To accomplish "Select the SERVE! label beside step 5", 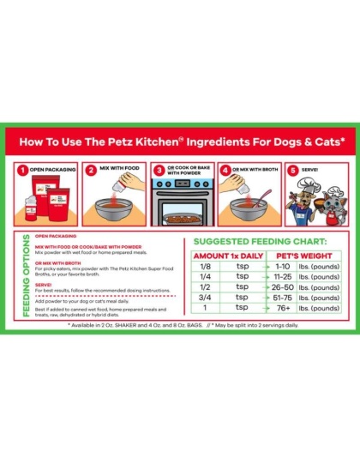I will coord(309,170).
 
